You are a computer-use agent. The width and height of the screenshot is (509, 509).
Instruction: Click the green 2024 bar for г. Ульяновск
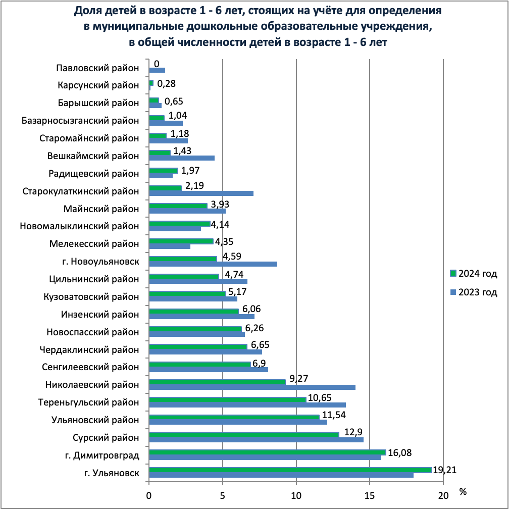coord(290,470)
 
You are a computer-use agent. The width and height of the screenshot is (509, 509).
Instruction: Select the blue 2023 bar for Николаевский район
coord(252,387)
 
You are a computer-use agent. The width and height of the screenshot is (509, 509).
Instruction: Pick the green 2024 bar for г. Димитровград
coord(268,452)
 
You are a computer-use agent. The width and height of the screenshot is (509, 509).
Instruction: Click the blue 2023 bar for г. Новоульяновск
coord(213,264)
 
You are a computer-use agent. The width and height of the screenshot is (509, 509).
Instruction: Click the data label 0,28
coord(166,84)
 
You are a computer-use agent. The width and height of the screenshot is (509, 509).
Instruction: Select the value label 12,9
coord(353,432)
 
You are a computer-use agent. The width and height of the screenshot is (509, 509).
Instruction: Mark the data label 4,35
coord(224,242)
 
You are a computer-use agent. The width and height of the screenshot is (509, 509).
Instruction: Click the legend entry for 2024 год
coord(474,274)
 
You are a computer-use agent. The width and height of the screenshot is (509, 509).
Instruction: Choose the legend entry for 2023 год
coord(474,292)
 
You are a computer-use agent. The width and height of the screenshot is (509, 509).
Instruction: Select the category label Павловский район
coord(97,68)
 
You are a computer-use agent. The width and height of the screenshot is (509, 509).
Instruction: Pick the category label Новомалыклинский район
coord(79,226)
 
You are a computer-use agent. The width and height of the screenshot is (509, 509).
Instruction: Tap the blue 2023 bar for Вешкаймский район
coord(182,158)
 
